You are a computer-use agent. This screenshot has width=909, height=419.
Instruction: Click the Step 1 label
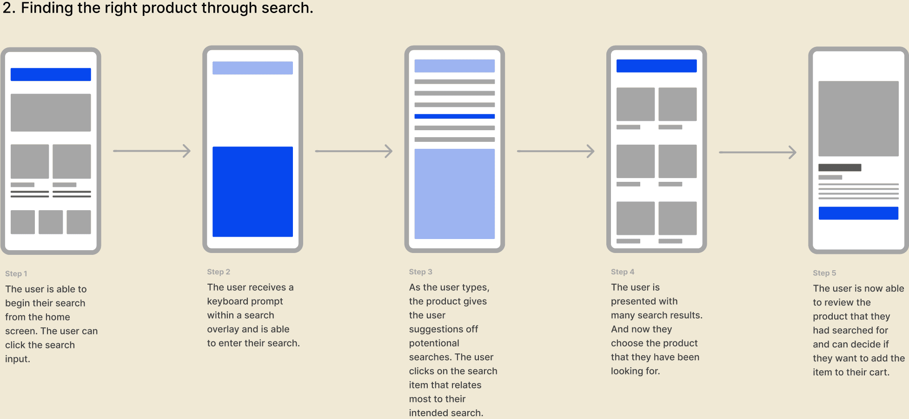pyautogui.click(x=16, y=274)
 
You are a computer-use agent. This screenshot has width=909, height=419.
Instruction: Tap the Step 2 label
pyautogui.click(x=219, y=272)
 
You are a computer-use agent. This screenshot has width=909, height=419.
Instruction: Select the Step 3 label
pyautogui.click(x=420, y=272)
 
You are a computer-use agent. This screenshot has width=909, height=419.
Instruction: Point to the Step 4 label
pyautogui.click(x=623, y=272)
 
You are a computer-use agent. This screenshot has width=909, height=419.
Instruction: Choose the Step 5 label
pyautogui.click(x=824, y=273)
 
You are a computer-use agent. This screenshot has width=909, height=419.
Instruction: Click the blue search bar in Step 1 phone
pyautogui.click(x=51, y=74)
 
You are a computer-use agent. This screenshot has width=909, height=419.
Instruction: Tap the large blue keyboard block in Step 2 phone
pyautogui.click(x=252, y=192)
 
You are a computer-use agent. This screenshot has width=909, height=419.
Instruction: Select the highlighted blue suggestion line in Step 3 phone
pyautogui.click(x=454, y=116)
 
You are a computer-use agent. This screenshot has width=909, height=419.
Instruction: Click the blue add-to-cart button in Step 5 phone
pyautogui.click(x=858, y=213)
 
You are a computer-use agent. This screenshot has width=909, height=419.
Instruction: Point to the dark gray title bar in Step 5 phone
pyautogui.click(x=840, y=167)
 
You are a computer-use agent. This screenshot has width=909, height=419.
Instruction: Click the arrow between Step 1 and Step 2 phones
pyautogui.click(x=152, y=151)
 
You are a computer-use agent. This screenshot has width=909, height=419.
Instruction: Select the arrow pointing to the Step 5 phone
pyautogui.click(x=758, y=152)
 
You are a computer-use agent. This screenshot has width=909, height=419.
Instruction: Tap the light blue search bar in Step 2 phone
pyautogui.click(x=252, y=68)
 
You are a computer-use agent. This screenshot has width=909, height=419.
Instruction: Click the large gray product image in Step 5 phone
pyautogui.click(x=858, y=119)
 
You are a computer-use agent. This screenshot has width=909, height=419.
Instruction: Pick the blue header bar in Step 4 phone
pyautogui.click(x=657, y=66)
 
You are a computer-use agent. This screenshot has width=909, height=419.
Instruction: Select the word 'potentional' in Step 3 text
pyautogui.click(x=434, y=343)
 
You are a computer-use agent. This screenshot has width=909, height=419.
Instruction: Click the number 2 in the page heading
pyautogui.click(x=7, y=8)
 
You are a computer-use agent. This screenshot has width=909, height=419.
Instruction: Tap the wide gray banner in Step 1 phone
pyautogui.click(x=51, y=113)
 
